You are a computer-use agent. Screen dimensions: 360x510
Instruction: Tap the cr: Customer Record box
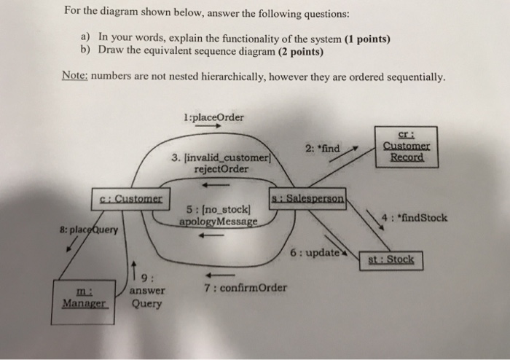406,147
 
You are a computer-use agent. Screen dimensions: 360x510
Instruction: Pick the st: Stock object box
391,259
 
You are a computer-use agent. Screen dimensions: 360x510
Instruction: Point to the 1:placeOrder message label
215,116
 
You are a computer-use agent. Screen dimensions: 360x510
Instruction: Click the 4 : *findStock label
415,217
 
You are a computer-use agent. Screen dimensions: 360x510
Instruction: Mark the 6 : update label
312,251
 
